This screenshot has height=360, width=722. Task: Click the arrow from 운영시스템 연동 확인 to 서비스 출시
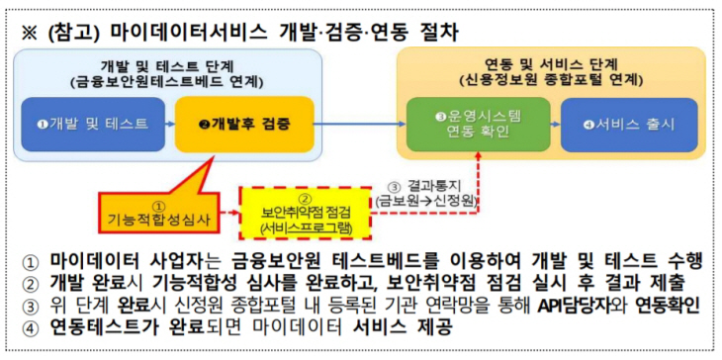tap(543, 124)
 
